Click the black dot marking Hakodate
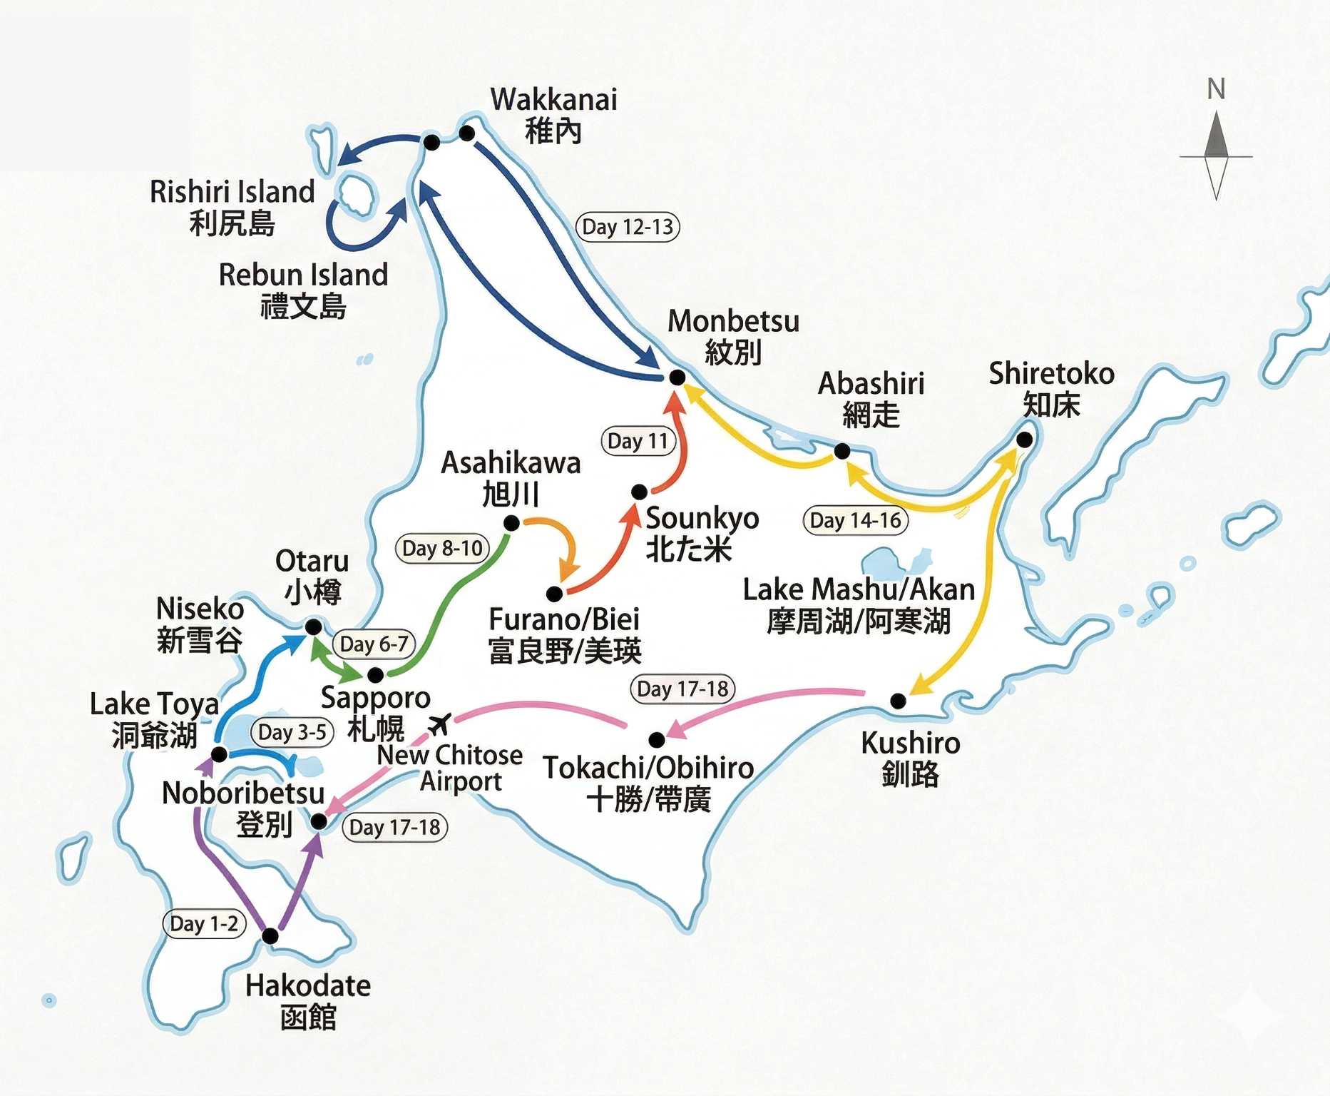pos(270,935)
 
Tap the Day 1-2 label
pos(204,923)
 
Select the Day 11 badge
pos(638,441)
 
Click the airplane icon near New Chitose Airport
pos(440,724)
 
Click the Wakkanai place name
pos(553,100)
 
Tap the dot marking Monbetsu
pos(677,377)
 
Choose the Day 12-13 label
pos(628,227)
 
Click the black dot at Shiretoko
pos(1024,440)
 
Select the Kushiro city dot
pos(899,701)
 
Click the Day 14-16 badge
pos(855,520)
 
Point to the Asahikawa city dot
pos(511,524)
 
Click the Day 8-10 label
pos(442,548)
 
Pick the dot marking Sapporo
pos(376,674)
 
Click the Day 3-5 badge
pos(292,732)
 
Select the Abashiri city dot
pos(842,451)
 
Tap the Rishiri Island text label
pos(232,192)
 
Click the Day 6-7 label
pos(374,644)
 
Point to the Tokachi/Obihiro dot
pos(657,739)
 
